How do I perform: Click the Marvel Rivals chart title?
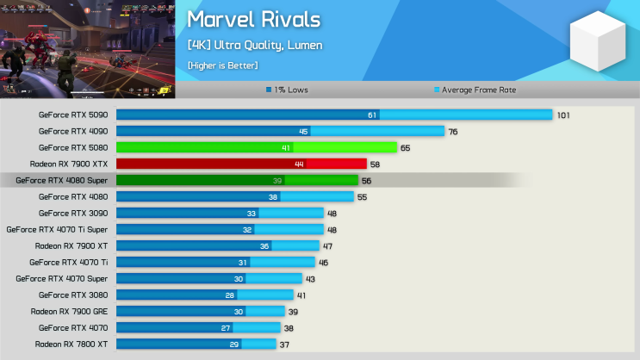253,20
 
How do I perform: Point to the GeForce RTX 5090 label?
73,115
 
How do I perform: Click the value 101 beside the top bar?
563,115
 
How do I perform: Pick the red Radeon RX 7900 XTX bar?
241,164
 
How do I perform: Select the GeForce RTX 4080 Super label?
61,180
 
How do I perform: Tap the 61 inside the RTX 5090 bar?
372,115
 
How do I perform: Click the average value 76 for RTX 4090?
452,131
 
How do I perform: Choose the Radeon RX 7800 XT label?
71,344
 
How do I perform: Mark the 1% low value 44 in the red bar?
299,164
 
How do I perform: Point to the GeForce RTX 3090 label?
73,213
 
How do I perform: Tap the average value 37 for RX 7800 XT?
284,344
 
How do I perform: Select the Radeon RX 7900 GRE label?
69,311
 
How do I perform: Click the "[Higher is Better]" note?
222,65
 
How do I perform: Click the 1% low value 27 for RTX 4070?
226,327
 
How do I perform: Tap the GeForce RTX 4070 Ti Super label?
57,229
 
